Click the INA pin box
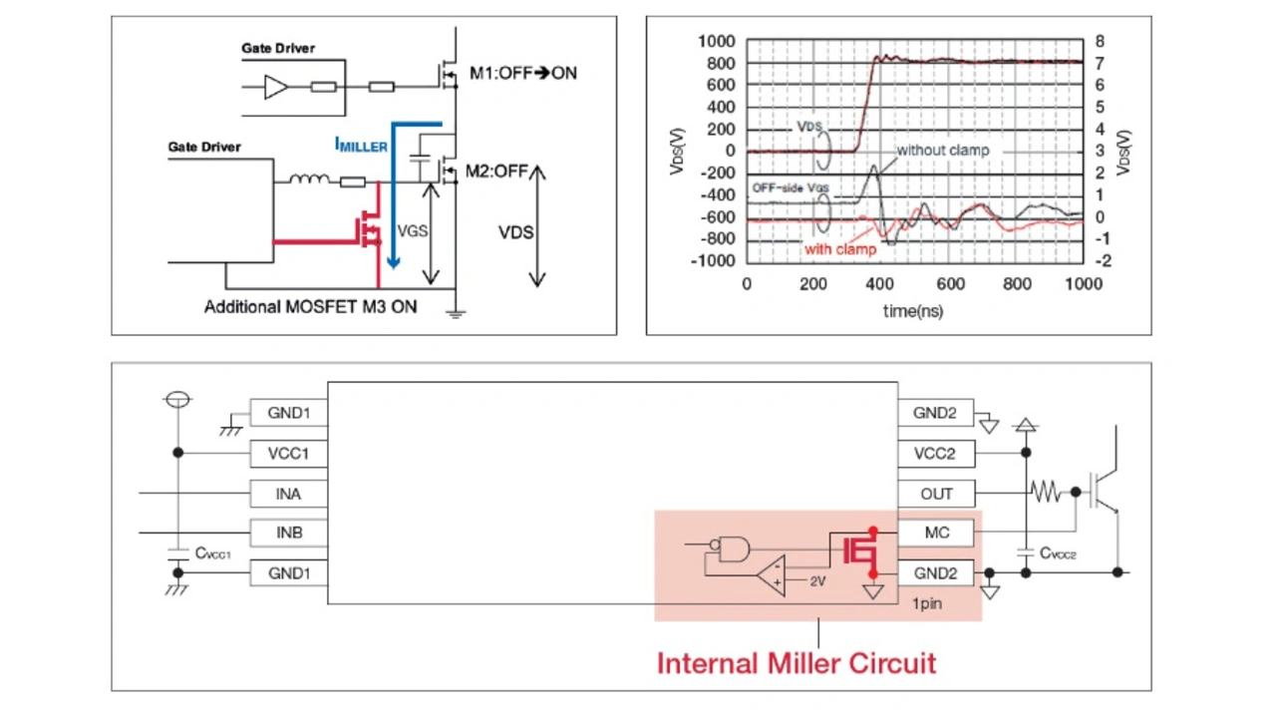(288, 494)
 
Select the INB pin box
(288, 534)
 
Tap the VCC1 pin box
(288, 454)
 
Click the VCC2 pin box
(935, 454)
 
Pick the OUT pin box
(935, 494)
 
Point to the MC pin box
(935, 534)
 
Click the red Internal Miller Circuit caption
(796, 663)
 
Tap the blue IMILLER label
(361, 145)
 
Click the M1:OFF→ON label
(522, 73)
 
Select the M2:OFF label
(496, 171)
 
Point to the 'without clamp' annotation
(942, 151)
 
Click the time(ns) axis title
(912, 311)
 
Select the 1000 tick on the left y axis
(717, 42)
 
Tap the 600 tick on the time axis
(950, 284)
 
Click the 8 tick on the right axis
(1099, 42)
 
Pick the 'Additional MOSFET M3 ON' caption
(310, 307)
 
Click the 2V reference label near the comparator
(816, 580)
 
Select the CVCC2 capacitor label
(1058, 553)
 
